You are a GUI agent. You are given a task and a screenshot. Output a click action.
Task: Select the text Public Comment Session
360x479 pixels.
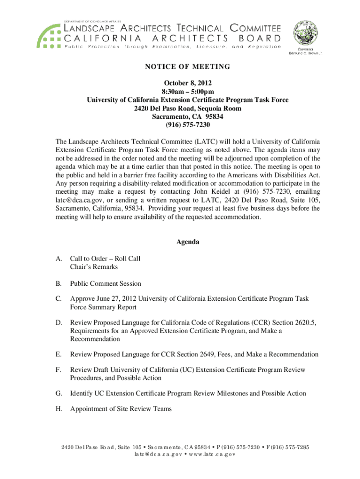[105, 283]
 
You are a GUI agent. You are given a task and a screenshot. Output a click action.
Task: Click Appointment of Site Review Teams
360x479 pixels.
[121, 409]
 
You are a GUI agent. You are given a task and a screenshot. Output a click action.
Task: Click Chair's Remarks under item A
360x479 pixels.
[94, 267]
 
